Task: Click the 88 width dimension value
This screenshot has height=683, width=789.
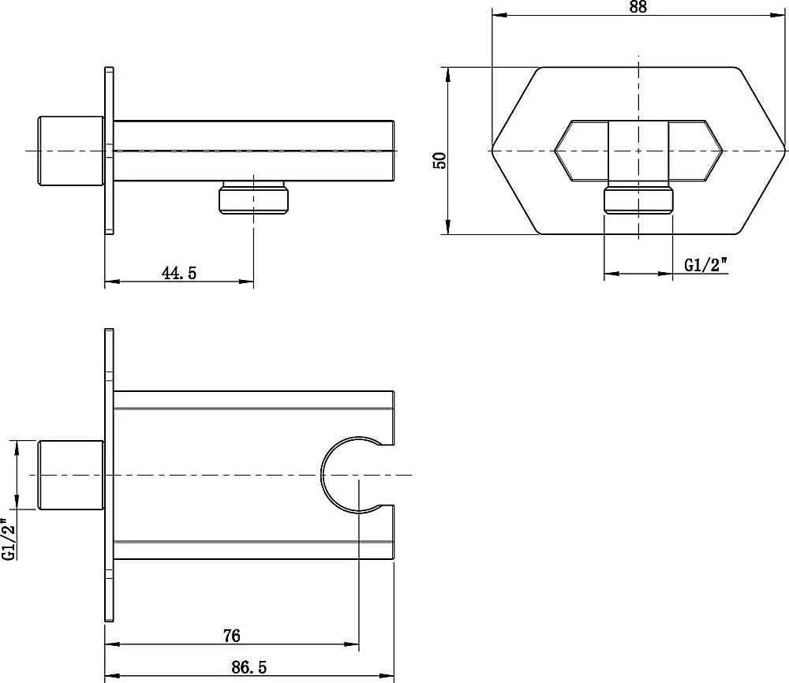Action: (x=638, y=6)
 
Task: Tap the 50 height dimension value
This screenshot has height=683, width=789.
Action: (x=439, y=160)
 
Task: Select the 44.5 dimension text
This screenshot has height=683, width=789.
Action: (x=179, y=273)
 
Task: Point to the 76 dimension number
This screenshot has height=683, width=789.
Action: (x=231, y=636)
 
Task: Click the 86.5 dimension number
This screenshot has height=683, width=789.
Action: (x=249, y=667)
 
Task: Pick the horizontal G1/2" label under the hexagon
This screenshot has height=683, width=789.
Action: (x=706, y=264)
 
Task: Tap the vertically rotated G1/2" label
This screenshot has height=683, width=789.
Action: (x=9, y=539)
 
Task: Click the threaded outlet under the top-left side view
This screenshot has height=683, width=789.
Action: (x=253, y=198)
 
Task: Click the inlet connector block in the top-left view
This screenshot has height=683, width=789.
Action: (x=71, y=151)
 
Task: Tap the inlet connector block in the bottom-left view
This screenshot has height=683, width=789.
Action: (x=71, y=475)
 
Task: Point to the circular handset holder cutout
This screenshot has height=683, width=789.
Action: (x=322, y=476)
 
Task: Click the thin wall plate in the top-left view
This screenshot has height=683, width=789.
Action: (x=109, y=151)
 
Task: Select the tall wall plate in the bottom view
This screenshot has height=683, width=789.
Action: (x=109, y=476)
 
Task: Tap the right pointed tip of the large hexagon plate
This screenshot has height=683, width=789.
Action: (x=785, y=151)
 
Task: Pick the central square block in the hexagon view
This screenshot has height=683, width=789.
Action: (x=638, y=151)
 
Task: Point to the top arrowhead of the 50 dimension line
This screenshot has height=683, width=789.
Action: (x=447, y=73)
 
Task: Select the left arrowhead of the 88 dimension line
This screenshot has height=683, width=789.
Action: (x=499, y=15)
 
